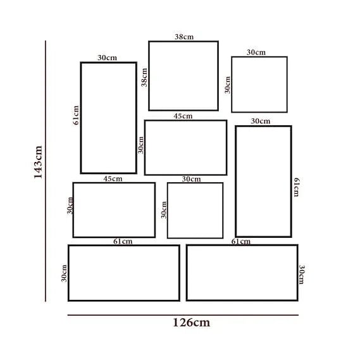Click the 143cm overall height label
coord(38,162)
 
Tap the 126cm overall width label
coord(191,323)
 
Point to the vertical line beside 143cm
coord(46,171)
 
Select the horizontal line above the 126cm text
coord(183,315)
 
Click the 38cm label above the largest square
coord(184,37)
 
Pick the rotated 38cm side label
coord(144,77)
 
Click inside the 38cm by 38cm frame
coord(183,76)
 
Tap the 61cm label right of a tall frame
coord(296,187)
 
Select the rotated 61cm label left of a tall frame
coord(76,115)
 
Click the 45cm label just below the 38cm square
coord(183,116)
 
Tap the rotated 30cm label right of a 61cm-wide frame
coord(302,275)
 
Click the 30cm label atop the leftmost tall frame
coord(107,58)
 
